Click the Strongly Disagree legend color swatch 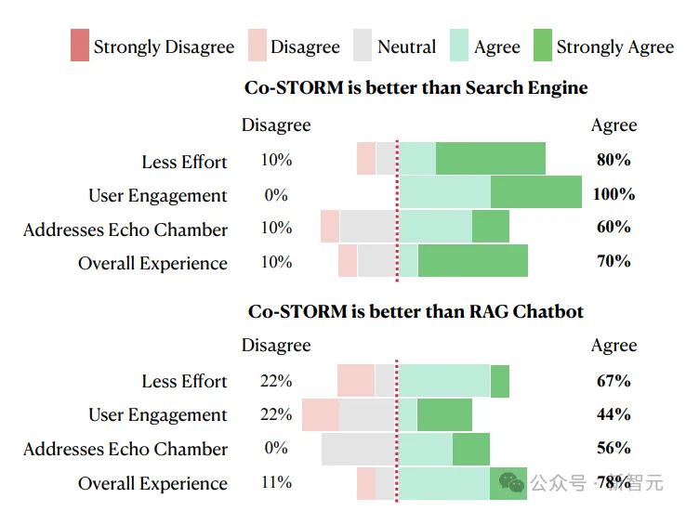pyautogui.click(x=80, y=46)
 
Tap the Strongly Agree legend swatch pyautogui.click(x=542, y=46)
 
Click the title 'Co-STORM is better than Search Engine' pyautogui.click(x=416, y=88)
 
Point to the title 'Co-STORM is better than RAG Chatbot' pyautogui.click(x=416, y=311)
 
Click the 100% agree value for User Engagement pyautogui.click(x=613, y=194)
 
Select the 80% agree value pyautogui.click(x=613, y=160)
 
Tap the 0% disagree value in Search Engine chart pyautogui.click(x=276, y=195)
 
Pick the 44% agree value pyautogui.click(x=613, y=414)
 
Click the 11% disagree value pyautogui.click(x=276, y=482)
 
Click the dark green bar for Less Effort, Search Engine pyautogui.click(x=490, y=159)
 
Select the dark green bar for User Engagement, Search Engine pyautogui.click(x=535, y=192)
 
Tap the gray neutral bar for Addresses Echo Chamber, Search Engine pyautogui.click(x=368, y=227)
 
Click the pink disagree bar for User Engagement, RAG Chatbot pyautogui.click(x=321, y=415)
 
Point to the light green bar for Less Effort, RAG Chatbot pyautogui.click(x=444, y=381)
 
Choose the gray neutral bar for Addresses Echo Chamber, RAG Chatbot pyautogui.click(x=359, y=449)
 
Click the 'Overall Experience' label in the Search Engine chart pyautogui.click(x=152, y=263)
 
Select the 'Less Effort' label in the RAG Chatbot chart pyautogui.click(x=184, y=381)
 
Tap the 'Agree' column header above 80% pyautogui.click(x=613, y=125)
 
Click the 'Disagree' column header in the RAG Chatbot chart pyautogui.click(x=276, y=346)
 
